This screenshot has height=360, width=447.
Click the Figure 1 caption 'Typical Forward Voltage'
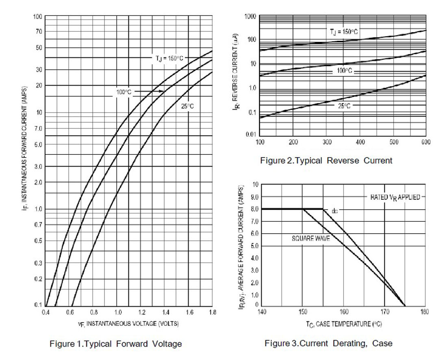click(115, 344)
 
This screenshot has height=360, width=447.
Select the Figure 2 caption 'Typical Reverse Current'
click(326, 160)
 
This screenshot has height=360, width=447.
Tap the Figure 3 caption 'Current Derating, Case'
click(328, 343)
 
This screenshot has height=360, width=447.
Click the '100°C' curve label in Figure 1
click(124, 92)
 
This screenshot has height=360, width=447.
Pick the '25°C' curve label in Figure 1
click(187, 106)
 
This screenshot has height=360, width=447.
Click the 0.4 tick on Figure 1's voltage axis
click(46, 312)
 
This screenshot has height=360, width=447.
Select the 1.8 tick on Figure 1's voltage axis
click(212, 312)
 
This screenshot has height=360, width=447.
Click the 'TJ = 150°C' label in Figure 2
click(344, 31)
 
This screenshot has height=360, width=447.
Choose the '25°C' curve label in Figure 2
click(344, 106)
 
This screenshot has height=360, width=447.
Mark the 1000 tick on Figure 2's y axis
click(250, 16)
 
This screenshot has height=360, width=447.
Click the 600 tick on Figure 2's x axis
click(425, 142)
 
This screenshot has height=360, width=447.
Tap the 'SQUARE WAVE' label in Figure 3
click(311, 239)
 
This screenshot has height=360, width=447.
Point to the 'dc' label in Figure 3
click(334, 211)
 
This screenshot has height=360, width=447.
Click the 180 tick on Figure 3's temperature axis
click(425, 312)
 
